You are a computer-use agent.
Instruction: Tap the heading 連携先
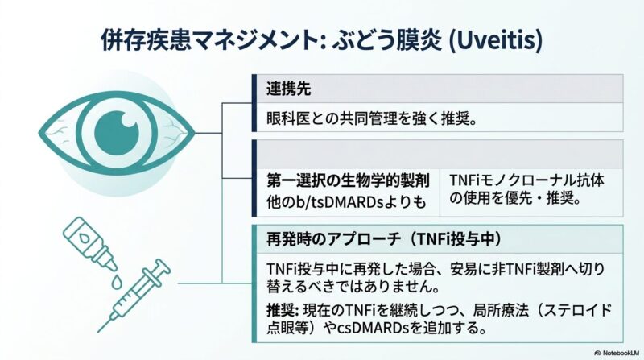(x=289, y=89)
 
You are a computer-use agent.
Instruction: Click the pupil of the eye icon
(x=117, y=133)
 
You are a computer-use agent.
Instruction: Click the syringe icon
(x=134, y=295)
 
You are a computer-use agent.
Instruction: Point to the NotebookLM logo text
(x=617, y=353)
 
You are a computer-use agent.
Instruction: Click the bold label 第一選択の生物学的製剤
(x=348, y=180)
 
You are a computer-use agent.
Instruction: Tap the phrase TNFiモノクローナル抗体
(x=527, y=180)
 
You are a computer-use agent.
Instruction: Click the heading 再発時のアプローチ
(x=335, y=239)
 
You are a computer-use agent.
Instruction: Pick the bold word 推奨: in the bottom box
(x=283, y=310)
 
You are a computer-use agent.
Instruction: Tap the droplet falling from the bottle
(x=117, y=282)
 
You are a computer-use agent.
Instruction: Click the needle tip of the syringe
(x=98, y=331)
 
